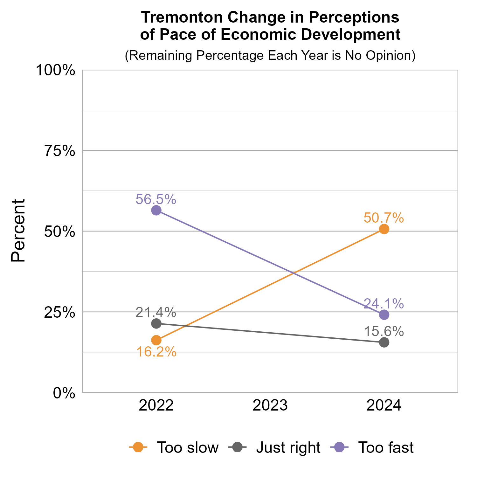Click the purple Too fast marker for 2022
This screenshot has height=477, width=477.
[156, 210]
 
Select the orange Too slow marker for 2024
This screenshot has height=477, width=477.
[384, 229]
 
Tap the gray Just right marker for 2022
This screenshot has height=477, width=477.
[156, 323]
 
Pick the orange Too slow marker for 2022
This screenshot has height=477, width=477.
[156, 340]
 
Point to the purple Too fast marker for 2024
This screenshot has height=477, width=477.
[384, 315]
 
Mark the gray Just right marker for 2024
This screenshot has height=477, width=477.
[384, 342]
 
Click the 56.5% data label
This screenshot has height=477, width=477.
[156, 199]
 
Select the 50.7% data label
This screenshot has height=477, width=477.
[384, 218]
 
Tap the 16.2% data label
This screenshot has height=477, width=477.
[156, 352]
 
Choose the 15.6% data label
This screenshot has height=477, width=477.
[384, 332]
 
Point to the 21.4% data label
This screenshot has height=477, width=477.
[156, 313]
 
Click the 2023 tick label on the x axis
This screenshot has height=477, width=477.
[270, 406]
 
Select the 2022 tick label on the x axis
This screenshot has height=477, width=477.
[156, 406]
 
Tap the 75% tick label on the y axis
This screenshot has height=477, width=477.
[59, 151]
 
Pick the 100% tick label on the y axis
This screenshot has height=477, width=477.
[55, 70]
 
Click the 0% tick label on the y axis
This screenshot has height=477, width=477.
[64, 393]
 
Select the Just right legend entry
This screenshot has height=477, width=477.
[275, 447]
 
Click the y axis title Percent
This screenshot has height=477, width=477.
[18, 231]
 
